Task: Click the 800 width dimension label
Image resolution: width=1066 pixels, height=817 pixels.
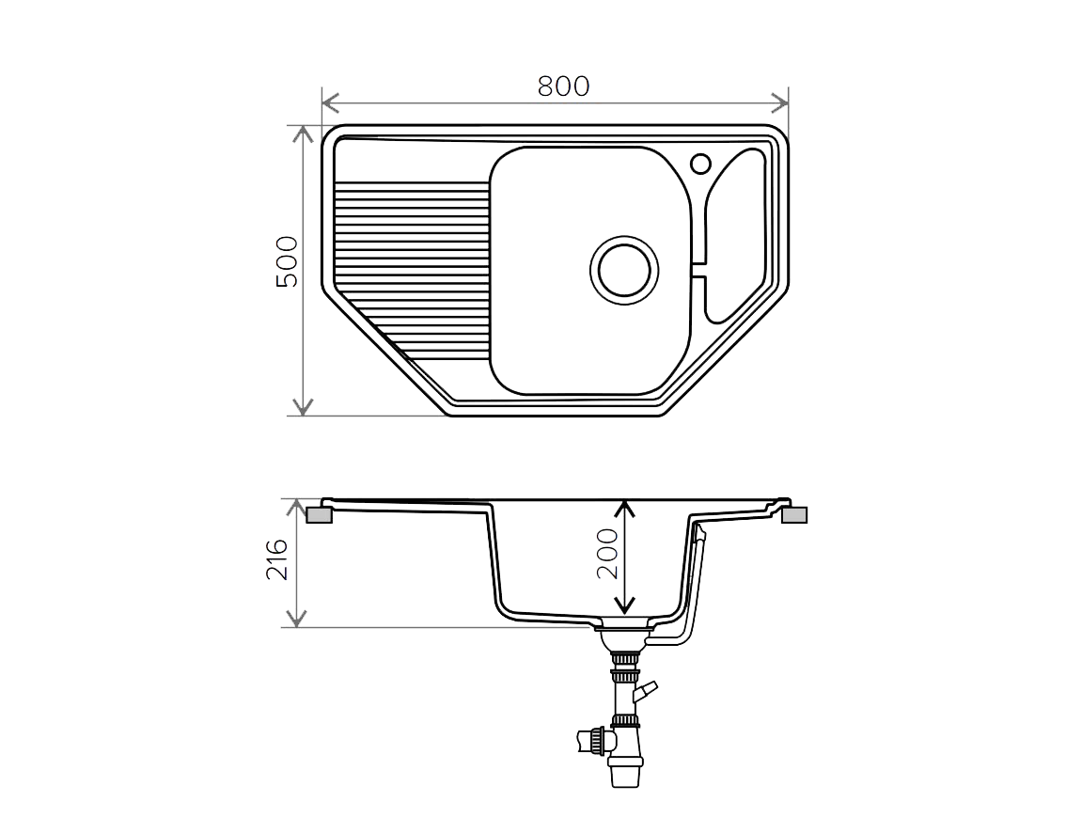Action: [x=564, y=86]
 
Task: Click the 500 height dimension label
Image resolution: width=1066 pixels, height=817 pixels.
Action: [x=287, y=261]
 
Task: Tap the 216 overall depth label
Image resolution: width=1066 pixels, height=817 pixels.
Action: [x=276, y=559]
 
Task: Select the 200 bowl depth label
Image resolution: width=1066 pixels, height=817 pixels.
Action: [x=607, y=553]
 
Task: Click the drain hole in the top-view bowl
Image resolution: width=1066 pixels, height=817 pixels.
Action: [x=624, y=270]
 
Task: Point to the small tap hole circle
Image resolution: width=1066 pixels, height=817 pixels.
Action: [x=701, y=164]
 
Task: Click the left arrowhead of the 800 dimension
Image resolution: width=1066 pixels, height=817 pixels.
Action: [x=330, y=103]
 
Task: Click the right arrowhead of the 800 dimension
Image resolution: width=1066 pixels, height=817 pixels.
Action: [x=780, y=103]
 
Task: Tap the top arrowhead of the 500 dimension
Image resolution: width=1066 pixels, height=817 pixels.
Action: [x=303, y=134]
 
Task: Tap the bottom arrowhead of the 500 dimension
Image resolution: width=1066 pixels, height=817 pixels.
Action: [x=303, y=406]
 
